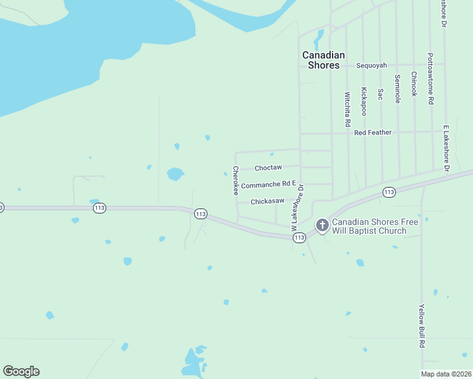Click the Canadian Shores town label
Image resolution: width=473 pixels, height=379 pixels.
(323, 60)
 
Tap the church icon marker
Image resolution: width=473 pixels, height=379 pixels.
(322, 225)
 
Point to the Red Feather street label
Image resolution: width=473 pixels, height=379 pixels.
(372, 133)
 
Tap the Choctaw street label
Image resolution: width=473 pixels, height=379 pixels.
(267, 167)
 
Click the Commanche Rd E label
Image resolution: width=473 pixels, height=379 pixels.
(268, 184)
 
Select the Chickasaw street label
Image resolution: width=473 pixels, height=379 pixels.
(267, 202)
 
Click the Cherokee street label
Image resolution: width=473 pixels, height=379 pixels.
(235, 180)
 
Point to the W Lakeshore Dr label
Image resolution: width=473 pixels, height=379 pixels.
(298, 212)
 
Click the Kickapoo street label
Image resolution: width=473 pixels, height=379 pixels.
(364, 101)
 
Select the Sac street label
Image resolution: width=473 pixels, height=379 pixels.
(380, 93)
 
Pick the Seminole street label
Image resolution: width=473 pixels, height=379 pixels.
(397, 89)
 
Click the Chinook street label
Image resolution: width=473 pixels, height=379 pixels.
(414, 84)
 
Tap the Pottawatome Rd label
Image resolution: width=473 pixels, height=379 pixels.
(430, 78)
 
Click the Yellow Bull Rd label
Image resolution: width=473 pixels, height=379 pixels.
(421, 326)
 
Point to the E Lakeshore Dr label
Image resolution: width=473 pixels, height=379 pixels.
(446, 148)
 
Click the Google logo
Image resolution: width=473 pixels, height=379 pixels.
(21, 371)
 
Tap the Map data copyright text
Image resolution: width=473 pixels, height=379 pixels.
(446, 374)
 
